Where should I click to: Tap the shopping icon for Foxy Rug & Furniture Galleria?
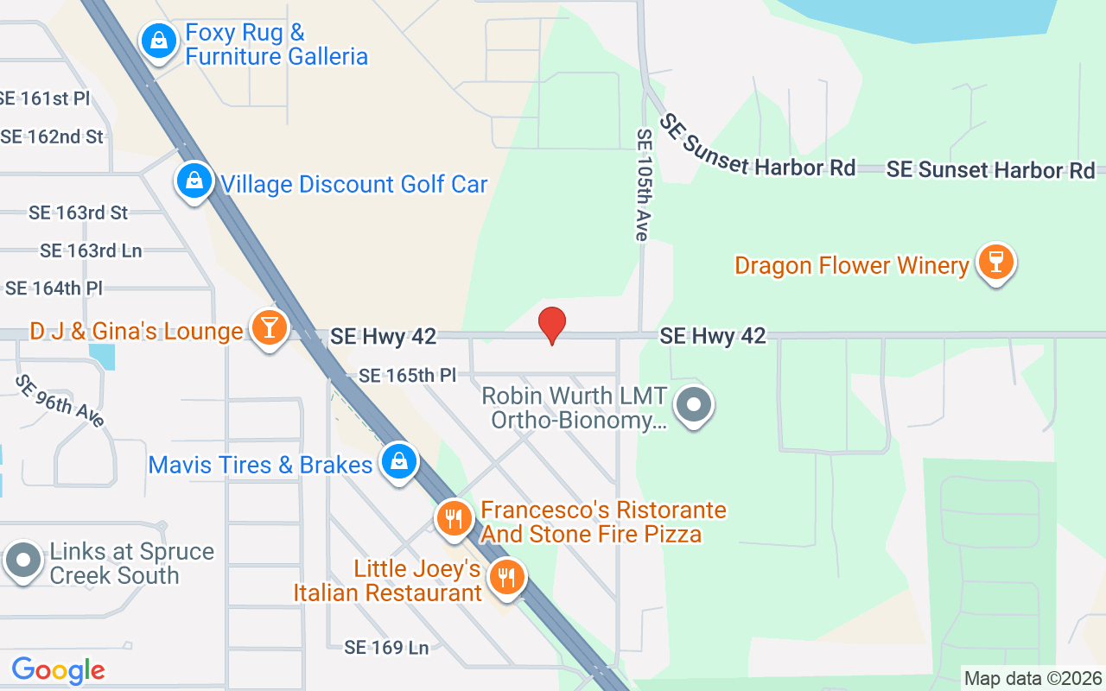(x=159, y=40)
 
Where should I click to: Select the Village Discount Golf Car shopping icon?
(x=195, y=181)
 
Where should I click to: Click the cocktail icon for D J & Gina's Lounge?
(x=270, y=327)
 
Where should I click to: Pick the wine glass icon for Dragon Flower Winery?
(x=995, y=261)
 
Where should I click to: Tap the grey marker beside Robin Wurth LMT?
(x=693, y=404)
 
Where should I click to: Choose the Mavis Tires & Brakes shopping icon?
(x=398, y=461)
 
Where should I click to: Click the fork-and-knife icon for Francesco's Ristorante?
(x=453, y=518)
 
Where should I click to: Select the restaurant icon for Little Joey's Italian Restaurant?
(x=506, y=575)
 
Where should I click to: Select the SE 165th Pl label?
(x=407, y=376)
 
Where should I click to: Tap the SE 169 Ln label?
(x=386, y=647)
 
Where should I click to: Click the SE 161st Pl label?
(x=44, y=98)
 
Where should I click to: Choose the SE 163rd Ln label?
(x=91, y=250)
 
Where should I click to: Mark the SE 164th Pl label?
(x=54, y=288)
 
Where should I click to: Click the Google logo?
(x=58, y=669)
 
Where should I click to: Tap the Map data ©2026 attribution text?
(x=1033, y=679)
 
